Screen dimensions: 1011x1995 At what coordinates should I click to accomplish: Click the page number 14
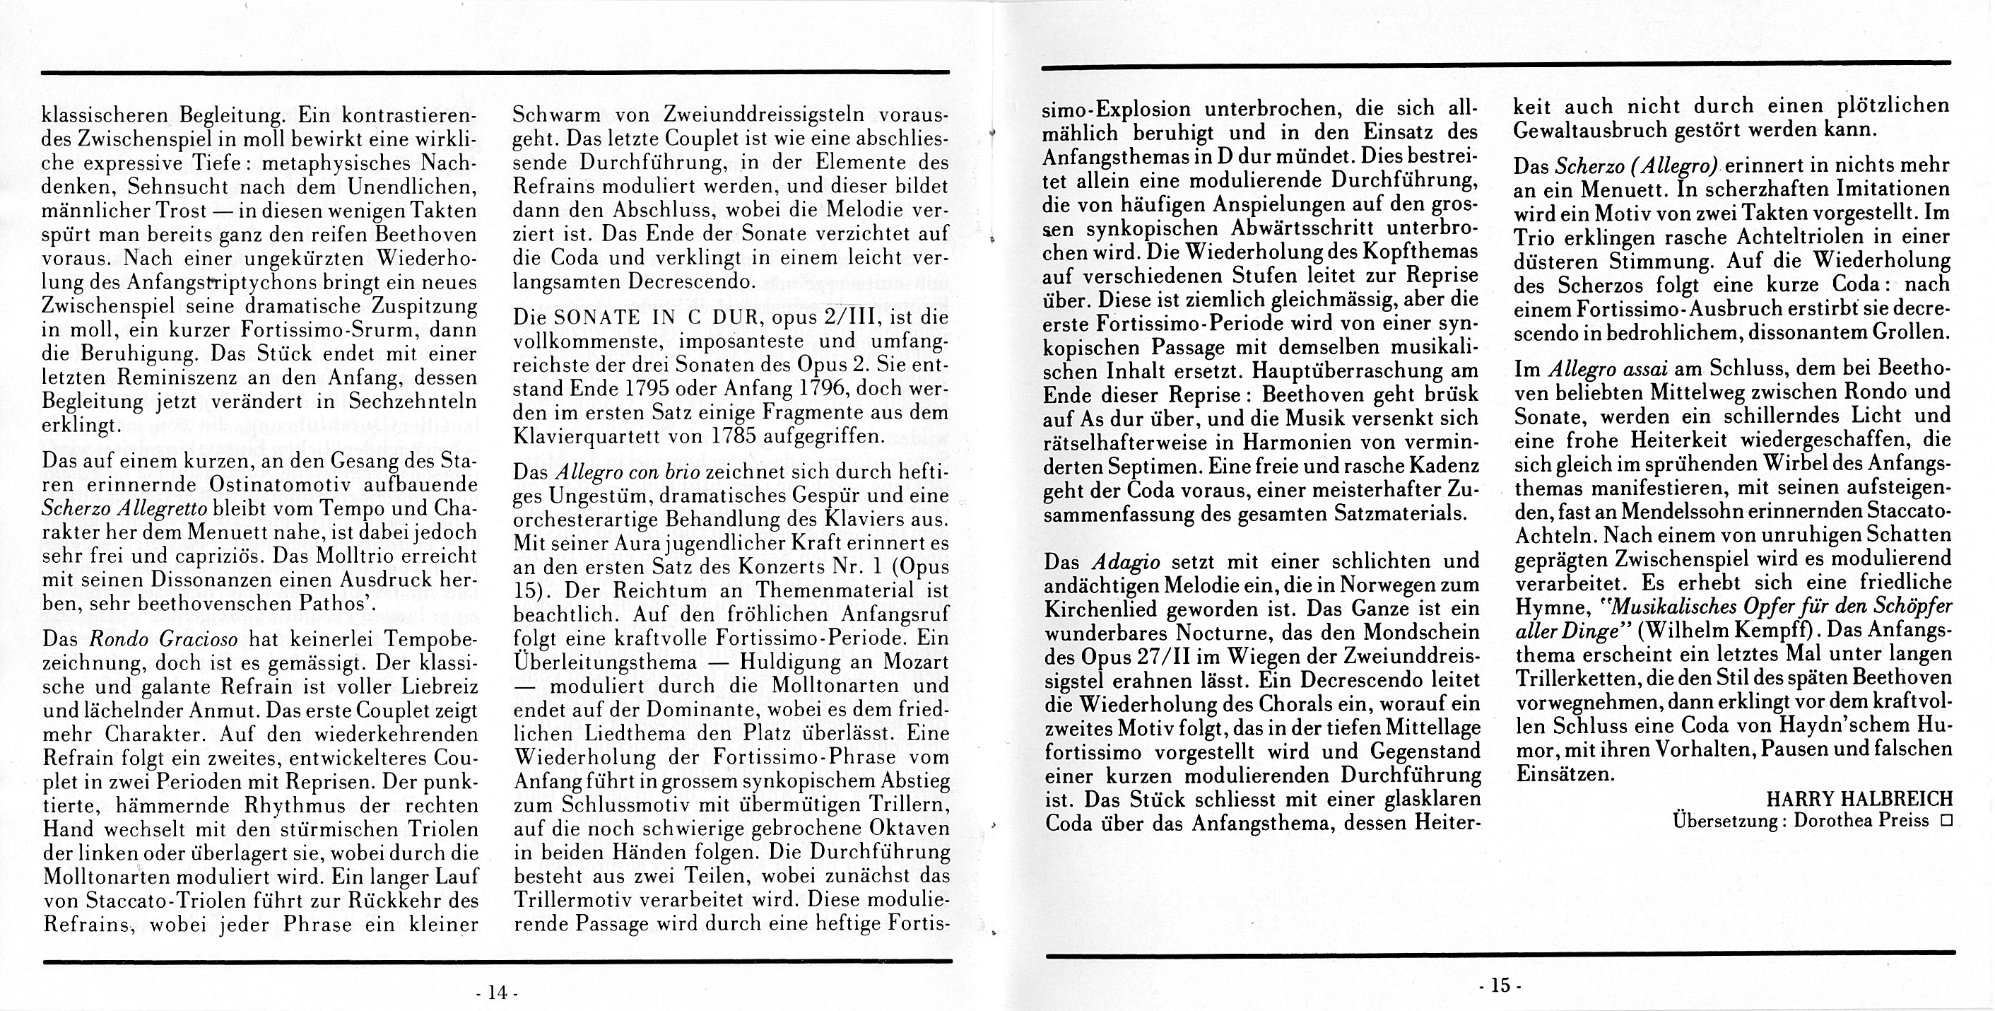495,993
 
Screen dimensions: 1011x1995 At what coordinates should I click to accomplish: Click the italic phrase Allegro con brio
628,472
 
